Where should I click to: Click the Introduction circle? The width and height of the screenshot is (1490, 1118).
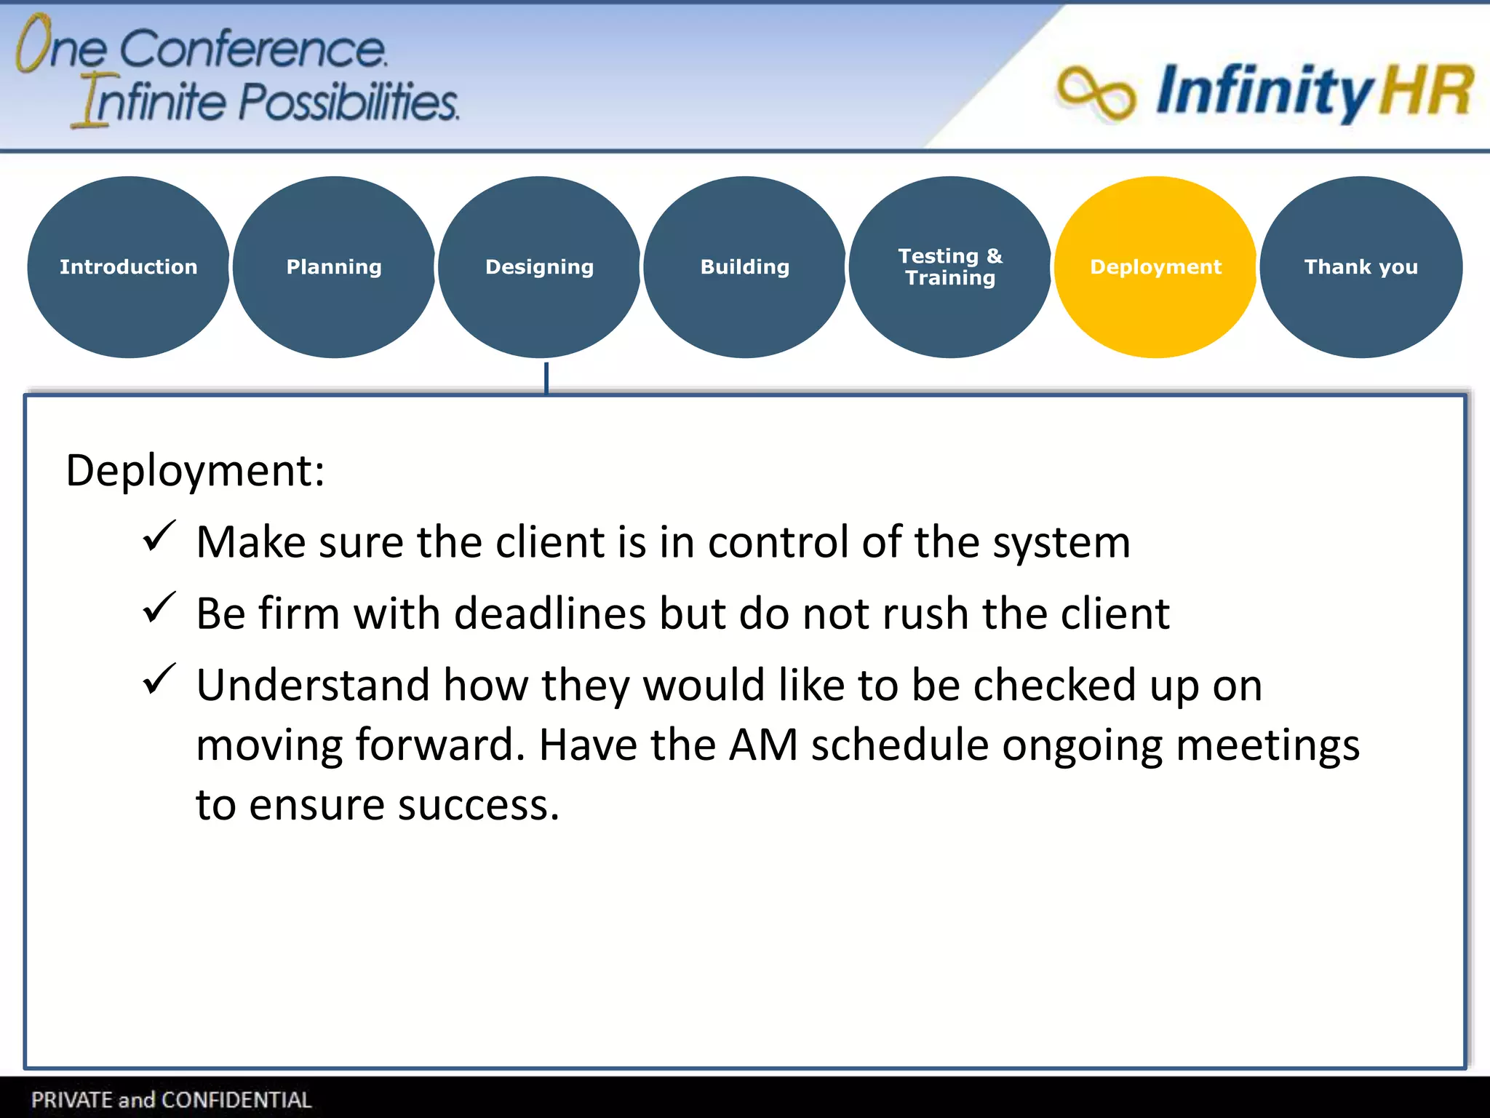129,267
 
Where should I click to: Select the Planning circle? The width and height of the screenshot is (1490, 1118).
334,267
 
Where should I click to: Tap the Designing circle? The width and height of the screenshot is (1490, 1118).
539,267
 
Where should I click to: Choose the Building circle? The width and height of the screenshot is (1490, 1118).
744,267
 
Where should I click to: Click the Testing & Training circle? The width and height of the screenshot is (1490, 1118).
949,267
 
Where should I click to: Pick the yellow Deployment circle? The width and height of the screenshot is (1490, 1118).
1155,267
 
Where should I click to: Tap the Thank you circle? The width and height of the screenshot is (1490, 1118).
1360,267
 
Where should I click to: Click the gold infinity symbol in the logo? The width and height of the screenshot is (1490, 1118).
1096,93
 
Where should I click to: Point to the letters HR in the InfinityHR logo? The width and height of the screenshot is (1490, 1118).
1426,91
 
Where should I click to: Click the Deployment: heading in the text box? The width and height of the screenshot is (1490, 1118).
195,471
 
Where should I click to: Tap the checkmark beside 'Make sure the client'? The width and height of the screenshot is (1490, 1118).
159,537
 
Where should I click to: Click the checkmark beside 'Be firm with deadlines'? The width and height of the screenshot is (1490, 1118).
159,608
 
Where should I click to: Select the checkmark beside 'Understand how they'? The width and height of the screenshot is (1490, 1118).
159,680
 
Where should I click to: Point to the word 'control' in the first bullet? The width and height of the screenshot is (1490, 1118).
778,542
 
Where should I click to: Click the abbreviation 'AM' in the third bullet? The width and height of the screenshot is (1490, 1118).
763,745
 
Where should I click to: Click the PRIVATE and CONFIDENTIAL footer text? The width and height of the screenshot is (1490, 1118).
172,1100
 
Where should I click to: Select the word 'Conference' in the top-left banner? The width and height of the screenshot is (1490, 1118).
252,49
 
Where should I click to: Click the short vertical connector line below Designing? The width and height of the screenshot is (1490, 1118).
546,378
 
